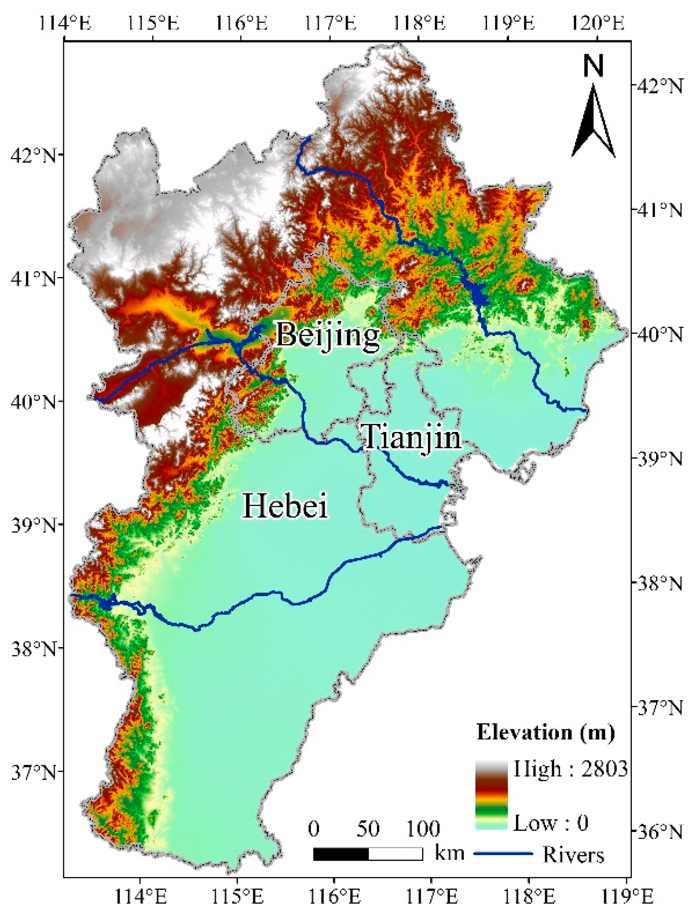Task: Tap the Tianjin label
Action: tap(412, 437)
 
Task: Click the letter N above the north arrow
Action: tap(593, 67)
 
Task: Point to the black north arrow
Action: tap(593, 123)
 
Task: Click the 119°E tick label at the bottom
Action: tap(627, 897)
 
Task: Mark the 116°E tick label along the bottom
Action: tap(335, 897)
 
